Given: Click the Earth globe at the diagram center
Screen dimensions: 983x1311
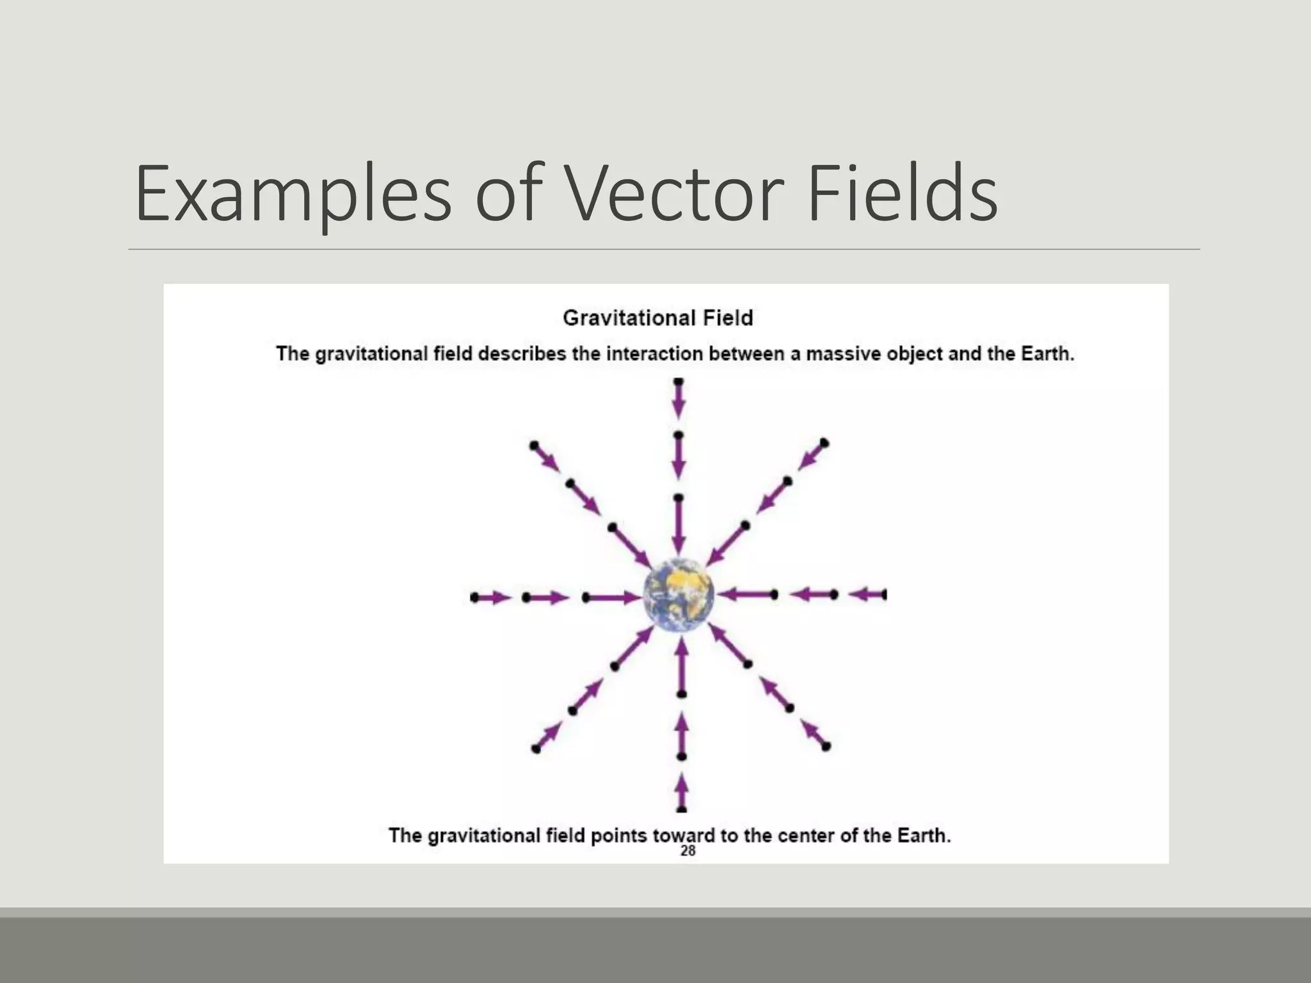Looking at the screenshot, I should point(679,595).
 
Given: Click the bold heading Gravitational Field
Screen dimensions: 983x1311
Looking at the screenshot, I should point(657,318).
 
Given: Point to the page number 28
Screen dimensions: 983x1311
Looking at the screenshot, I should point(688,851).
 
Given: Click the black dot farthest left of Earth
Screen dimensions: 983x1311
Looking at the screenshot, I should point(474,598).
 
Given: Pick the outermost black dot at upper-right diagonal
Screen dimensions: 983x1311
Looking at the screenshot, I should point(824,443).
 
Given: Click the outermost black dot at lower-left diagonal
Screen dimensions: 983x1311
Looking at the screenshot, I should point(536,749).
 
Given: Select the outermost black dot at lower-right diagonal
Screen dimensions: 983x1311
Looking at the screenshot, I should point(826,746).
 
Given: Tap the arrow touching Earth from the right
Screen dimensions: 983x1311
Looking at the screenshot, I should point(744,595).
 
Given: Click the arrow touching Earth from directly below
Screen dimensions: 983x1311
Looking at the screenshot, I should point(682,666).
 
